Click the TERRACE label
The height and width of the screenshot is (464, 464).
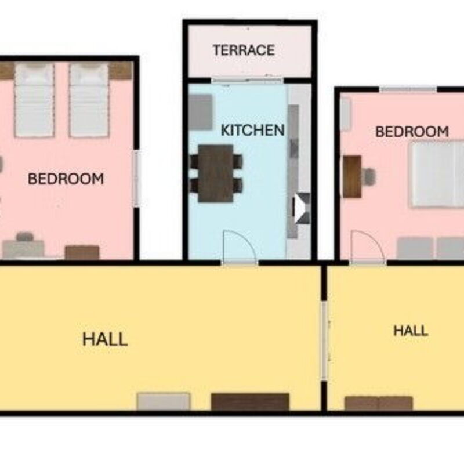pos(244,50)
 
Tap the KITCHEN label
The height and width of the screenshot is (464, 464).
pos(253,130)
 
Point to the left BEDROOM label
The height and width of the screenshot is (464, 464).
pos(66,179)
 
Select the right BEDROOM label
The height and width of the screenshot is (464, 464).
pos(412,132)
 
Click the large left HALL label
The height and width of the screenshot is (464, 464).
pos(105,339)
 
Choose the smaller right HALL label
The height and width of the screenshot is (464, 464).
pos(411,331)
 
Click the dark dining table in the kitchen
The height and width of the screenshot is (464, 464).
pos(216,173)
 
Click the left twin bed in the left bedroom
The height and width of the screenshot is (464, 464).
pos(35,100)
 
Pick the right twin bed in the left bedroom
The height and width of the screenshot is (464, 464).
pos(89,100)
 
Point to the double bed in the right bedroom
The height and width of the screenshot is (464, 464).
pos(436,175)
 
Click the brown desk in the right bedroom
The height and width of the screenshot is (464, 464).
pos(352,176)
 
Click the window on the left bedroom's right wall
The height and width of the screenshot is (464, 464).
pos(136,179)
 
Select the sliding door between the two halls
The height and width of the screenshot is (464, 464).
pos(324,341)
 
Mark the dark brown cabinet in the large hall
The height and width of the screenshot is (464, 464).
pos(250,402)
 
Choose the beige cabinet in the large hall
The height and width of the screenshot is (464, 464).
pos(164,401)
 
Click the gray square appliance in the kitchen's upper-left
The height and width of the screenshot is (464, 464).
pos(201,112)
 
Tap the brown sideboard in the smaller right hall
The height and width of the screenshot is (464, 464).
pos(379,403)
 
